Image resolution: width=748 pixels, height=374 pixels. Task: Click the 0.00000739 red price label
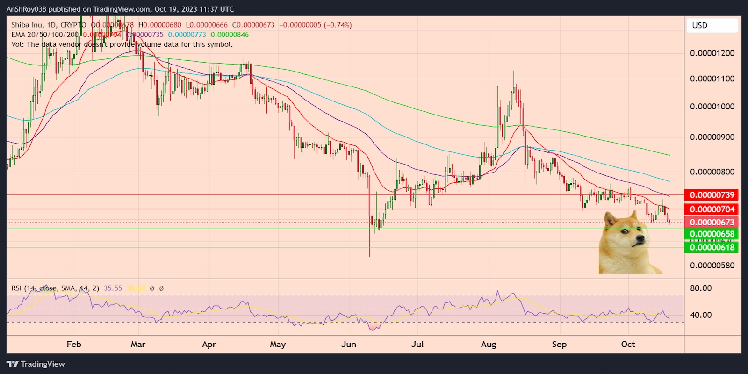712,195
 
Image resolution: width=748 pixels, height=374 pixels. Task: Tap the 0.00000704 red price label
712,209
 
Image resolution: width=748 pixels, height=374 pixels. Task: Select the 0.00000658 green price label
712,234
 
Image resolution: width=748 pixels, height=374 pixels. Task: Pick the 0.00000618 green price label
712,247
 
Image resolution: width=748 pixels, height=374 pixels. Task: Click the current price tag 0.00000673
712,222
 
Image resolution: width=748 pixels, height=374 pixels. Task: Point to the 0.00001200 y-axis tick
712,53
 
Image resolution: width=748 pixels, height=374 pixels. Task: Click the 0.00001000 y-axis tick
712,107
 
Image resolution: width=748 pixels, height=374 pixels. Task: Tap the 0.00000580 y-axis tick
712,266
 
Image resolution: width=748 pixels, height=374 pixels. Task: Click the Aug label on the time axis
489,345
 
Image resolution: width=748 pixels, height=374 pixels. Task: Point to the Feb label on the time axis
74,345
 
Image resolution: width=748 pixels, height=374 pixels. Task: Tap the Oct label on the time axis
628,345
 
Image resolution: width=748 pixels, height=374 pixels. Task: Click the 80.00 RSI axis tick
701,288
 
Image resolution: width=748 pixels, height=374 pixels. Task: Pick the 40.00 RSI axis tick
701,315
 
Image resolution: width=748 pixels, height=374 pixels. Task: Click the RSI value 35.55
113,288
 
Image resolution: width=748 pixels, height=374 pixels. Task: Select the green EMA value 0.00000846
230,35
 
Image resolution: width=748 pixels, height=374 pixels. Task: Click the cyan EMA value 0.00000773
187,35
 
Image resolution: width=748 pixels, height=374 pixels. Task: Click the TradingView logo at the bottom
36,364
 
